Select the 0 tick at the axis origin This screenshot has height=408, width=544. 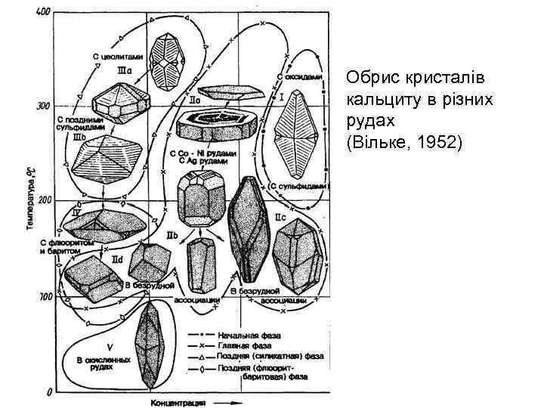[48, 391]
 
